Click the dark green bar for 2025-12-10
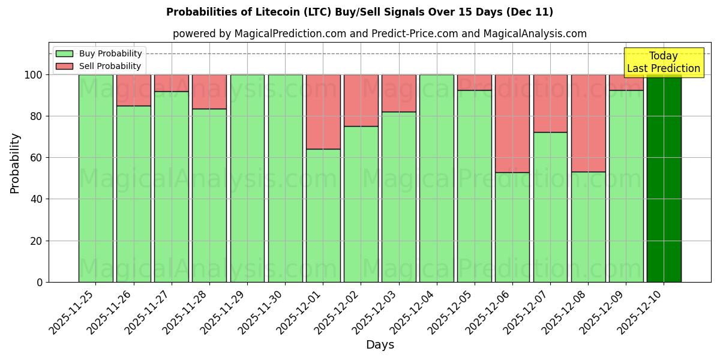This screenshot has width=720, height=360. pyautogui.click(x=664, y=178)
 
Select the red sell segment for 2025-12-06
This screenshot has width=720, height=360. pyautogui.click(x=512, y=123)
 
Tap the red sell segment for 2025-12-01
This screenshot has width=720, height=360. pyautogui.click(x=323, y=112)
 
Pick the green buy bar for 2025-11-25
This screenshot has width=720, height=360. pyautogui.click(x=95, y=178)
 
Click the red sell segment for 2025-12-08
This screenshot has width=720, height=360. pyautogui.click(x=588, y=123)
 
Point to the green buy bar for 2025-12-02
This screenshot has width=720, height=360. pyautogui.click(x=361, y=204)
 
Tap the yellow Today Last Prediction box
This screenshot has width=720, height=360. pyautogui.click(x=664, y=62)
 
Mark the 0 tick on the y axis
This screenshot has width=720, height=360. pyautogui.click(x=40, y=282)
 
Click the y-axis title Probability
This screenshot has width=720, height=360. pyautogui.click(x=15, y=163)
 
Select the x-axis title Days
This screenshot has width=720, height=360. pyautogui.click(x=380, y=345)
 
